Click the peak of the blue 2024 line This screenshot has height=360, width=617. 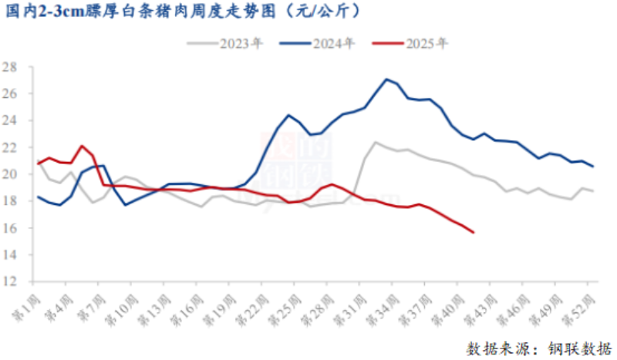tap(386, 79)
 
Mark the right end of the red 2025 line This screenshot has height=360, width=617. tap(473, 232)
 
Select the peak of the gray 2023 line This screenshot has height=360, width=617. tap(376, 142)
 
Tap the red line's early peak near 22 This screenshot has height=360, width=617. tap(82, 146)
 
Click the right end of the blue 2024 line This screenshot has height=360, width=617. tap(592, 167)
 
